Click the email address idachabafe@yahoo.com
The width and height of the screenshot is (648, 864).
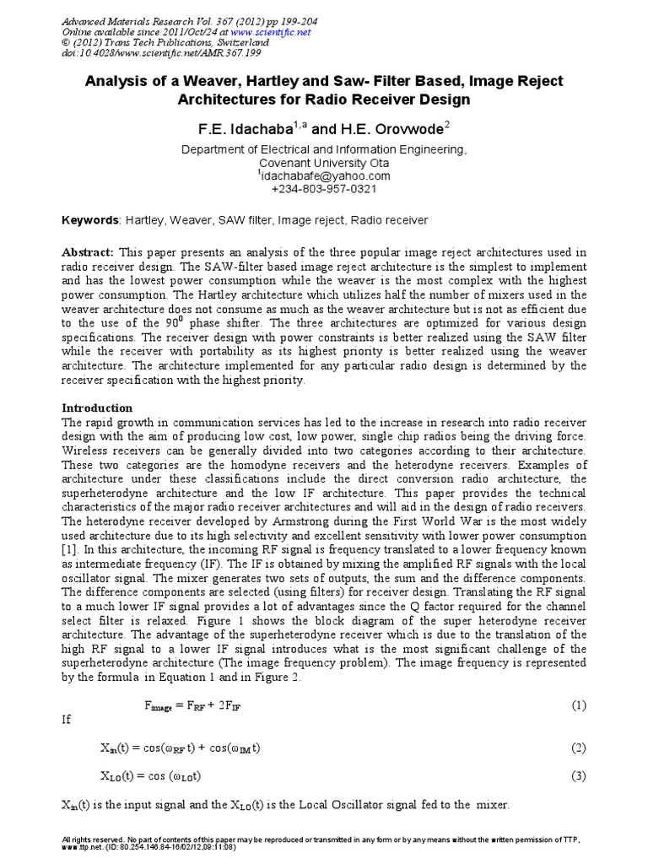click(324, 175)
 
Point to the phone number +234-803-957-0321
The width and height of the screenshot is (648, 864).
click(324, 189)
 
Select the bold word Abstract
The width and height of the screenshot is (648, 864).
click(89, 253)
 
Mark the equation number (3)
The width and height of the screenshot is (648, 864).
click(578, 775)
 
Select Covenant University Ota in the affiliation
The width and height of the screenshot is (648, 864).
click(324, 163)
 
